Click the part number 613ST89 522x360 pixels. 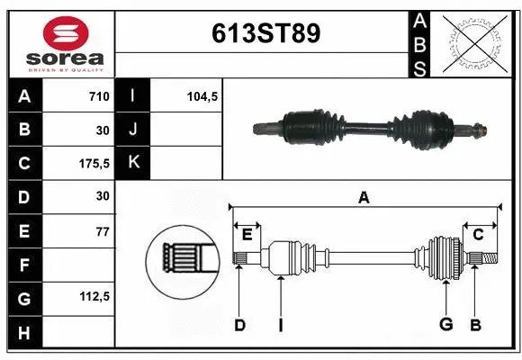(x=265, y=33)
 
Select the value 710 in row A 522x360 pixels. (x=98, y=96)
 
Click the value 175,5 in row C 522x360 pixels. (x=94, y=163)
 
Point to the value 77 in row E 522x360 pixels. (x=102, y=231)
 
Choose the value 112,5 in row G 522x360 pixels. (x=94, y=296)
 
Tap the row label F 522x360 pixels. (x=23, y=265)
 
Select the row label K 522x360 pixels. (x=134, y=163)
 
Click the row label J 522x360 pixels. (x=134, y=130)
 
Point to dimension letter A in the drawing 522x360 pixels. (x=364, y=197)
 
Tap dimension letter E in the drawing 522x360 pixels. (x=246, y=235)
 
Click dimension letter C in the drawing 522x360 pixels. (x=479, y=235)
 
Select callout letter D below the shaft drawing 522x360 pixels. (x=239, y=325)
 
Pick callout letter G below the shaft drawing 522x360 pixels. (x=445, y=325)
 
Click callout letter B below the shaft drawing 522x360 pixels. (x=476, y=325)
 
